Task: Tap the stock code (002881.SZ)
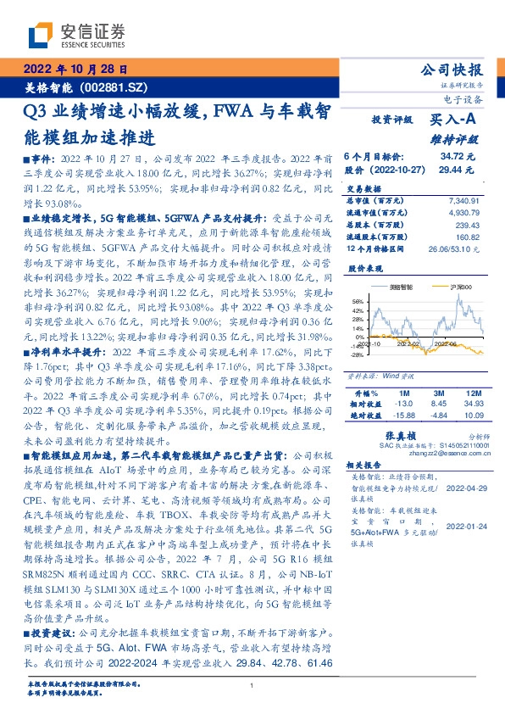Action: click(x=116, y=86)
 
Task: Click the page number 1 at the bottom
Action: click(x=252, y=685)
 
